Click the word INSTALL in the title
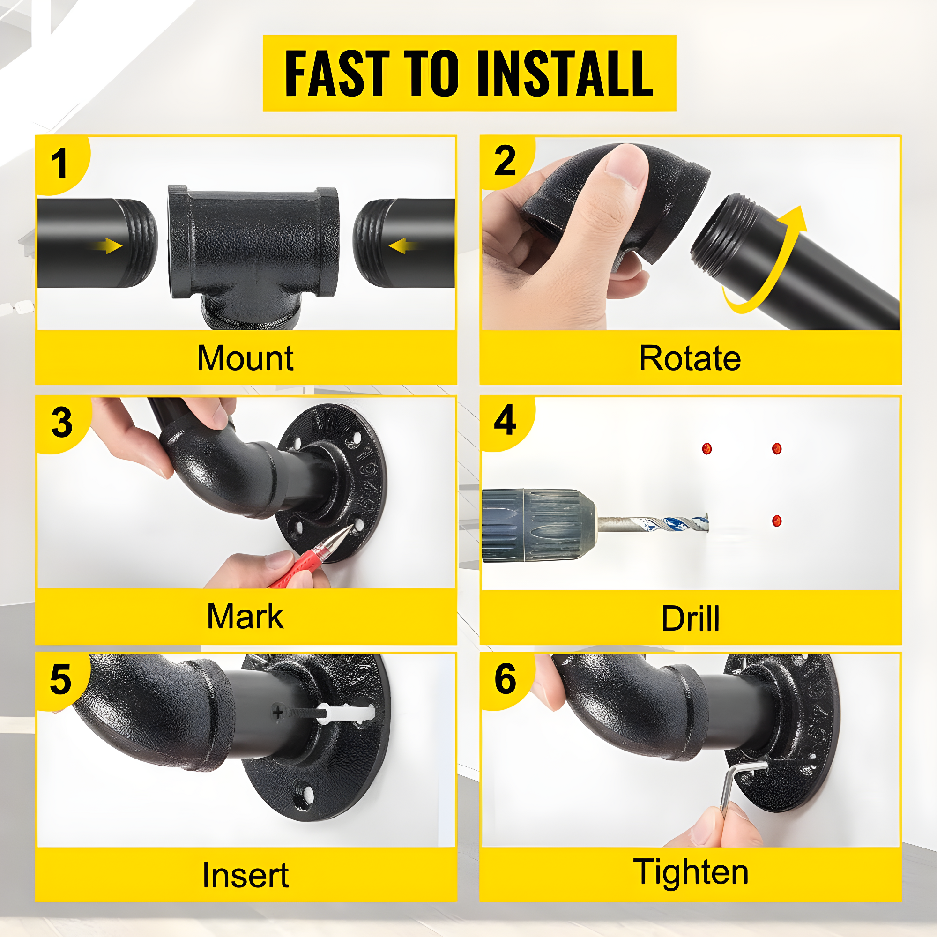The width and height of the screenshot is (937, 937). coord(565,73)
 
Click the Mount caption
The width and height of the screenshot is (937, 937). coord(245,358)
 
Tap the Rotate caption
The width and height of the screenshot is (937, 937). coord(690,358)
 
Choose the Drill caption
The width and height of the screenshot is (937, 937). coord(690,618)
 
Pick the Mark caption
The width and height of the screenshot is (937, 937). coord(245,616)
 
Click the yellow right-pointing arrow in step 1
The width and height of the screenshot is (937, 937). coord(108,246)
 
